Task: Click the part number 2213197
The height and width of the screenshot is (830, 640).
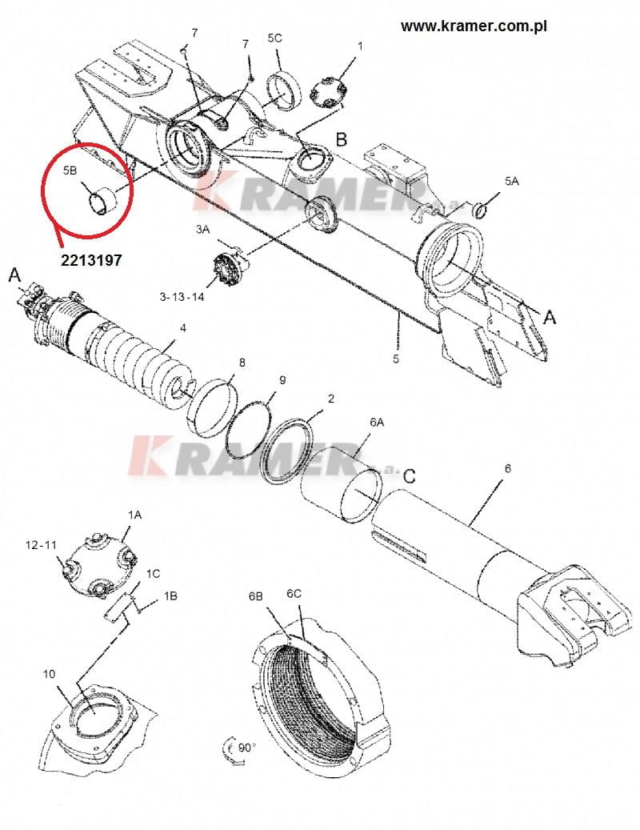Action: pyautogui.click(x=91, y=260)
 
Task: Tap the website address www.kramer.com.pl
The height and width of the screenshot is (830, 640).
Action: pyautogui.click(x=474, y=26)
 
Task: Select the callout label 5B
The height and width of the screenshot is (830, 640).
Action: pyautogui.click(x=70, y=170)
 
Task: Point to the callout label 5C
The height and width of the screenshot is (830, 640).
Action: pyautogui.click(x=274, y=38)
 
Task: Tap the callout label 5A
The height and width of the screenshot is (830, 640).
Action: pyautogui.click(x=511, y=181)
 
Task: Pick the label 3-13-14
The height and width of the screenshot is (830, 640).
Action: pyautogui.click(x=182, y=297)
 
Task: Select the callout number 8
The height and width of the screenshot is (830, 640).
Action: pyautogui.click(x=242, y=363)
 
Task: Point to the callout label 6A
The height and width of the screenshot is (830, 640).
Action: pyautogui.click(x=377, y=422)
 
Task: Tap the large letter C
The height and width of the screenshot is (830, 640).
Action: pyautogui.click(x=410, y=476)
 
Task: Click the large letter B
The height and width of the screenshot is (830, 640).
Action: pyautogui.click(x=342, y=139)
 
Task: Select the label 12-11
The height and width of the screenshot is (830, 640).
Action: pyautogui.click(x=41, y=545)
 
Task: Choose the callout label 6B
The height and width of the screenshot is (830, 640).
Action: pyautogui.click(x=256, y=596)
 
